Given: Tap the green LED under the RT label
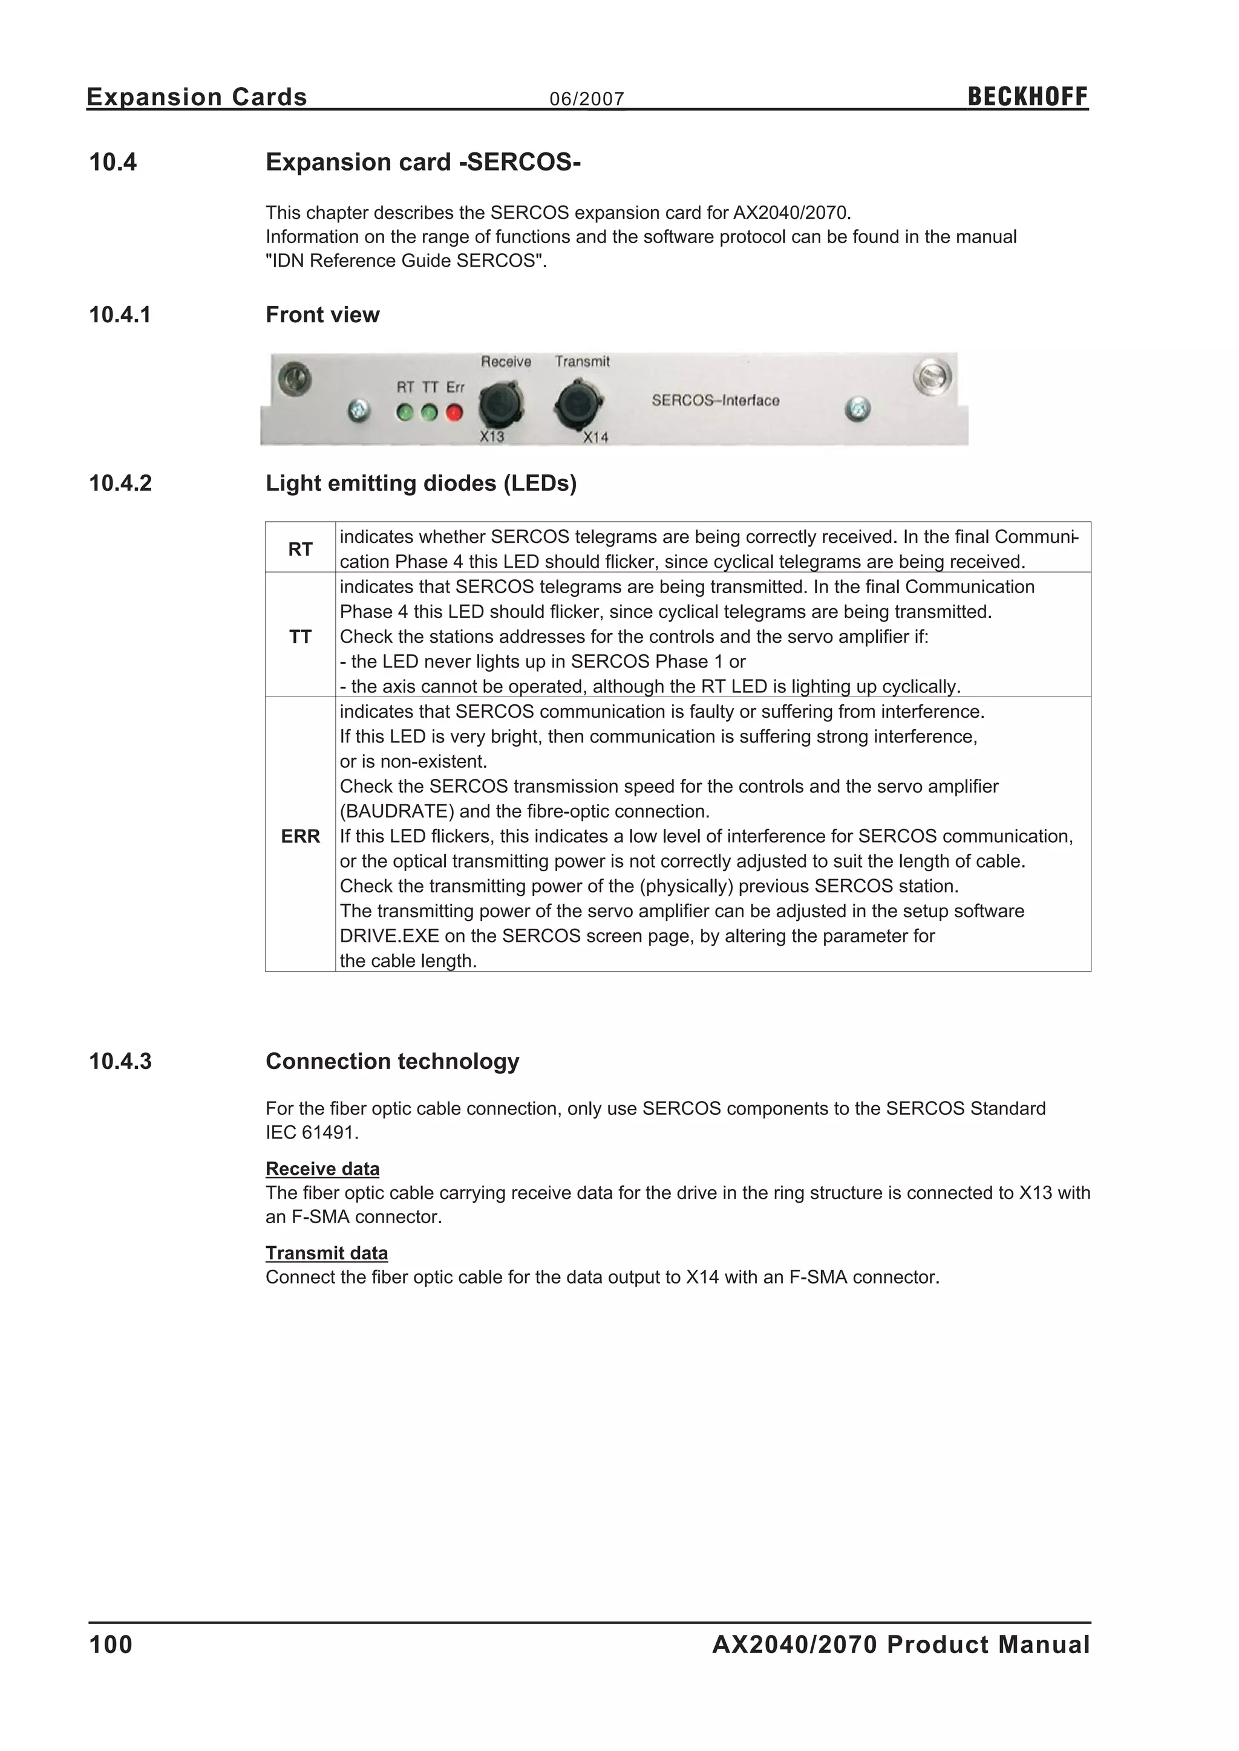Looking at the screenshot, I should point(405,412).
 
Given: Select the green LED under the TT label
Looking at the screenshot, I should point(430,412).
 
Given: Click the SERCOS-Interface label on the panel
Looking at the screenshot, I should point(715,400).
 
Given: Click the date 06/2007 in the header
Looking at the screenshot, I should point(587,99).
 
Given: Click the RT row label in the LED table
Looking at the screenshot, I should point(300,548).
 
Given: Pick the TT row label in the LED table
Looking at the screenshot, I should point(300,636).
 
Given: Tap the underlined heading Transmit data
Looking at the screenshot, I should point(327,1252).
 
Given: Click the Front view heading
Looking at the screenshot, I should point(322,314).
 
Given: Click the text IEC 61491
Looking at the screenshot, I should point(312,1132).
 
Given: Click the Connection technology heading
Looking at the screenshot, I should point(392,1061).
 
